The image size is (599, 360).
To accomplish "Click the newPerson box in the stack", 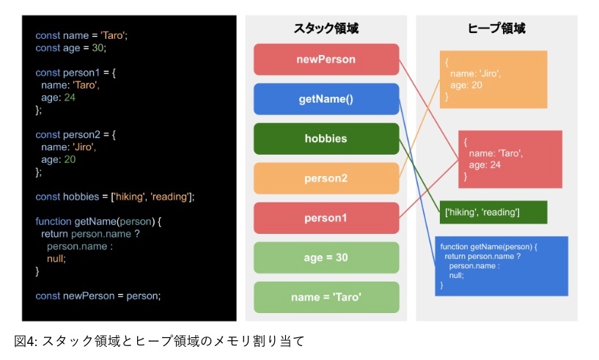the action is click(326, 59).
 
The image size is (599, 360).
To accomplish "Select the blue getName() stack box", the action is click(326, 99).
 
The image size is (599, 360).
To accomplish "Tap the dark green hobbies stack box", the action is click(326, 139).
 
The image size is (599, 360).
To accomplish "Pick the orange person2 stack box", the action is click(326, 178).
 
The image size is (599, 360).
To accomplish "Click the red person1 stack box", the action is click(326, 218).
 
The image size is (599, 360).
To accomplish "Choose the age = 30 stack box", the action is click(326, 257).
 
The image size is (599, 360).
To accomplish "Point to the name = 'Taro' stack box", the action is click(326, 298).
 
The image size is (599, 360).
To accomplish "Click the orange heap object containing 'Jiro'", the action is click(493, 79).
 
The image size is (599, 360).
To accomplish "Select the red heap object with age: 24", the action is click(510, 159).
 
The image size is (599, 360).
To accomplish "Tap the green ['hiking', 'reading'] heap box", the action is click(493, 212).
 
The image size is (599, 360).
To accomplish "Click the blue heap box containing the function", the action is click(501, 266).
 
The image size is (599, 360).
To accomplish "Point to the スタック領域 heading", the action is click(326, 29).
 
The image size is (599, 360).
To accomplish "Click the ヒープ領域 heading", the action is click(496, 29).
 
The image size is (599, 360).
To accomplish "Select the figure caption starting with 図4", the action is click(159, 341).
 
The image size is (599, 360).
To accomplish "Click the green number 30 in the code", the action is click(98, 48).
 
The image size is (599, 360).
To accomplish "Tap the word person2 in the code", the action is click(81, 134).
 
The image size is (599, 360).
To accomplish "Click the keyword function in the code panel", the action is click(54, 221).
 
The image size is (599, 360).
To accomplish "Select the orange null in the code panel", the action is click(56, 259).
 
